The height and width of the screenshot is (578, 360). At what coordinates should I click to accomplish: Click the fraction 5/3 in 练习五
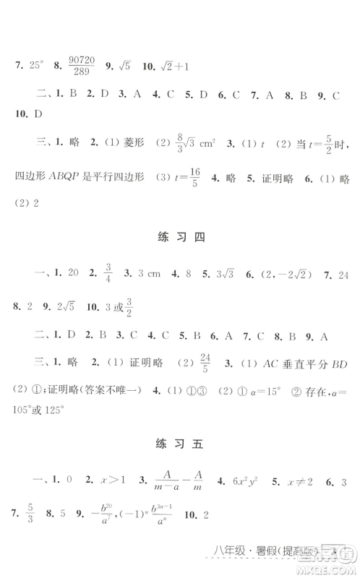pos(30,517)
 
